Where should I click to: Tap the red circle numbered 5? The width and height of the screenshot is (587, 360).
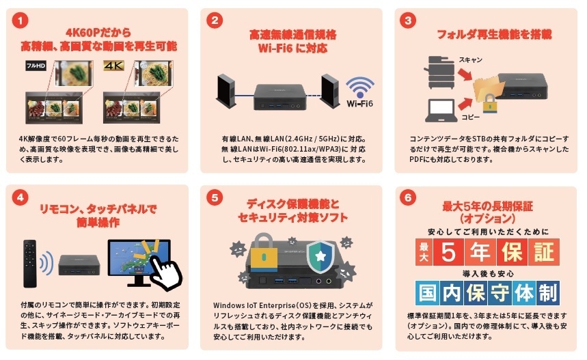point(215,197)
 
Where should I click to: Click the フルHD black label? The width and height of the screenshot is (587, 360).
point(35,66)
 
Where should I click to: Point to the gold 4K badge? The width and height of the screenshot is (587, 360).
point(113,66)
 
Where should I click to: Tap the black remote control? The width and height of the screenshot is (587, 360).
point(30,262)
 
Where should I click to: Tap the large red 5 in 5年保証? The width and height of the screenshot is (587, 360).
point(448,252)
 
